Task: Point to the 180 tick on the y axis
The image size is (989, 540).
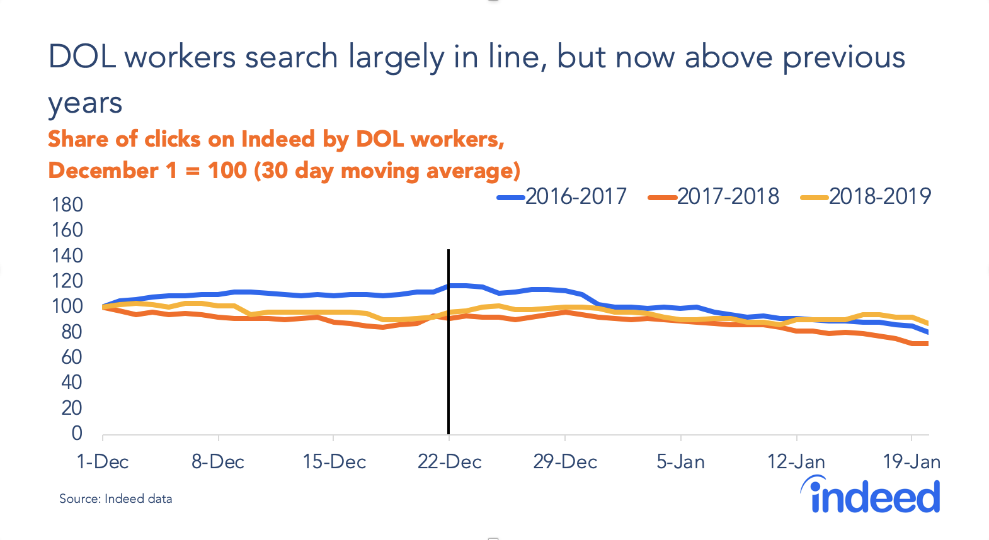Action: (x=67, y=205)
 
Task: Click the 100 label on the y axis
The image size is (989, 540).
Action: (x=67, y=307)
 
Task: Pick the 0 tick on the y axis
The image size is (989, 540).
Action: (x=77, y=433)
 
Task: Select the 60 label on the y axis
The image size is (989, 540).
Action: (x=71, y=357)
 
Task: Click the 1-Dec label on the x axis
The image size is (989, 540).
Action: (x=103, y=462)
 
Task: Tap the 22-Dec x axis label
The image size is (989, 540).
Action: (x=449, y=462)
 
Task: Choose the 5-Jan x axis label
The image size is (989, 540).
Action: (x=680, y=462)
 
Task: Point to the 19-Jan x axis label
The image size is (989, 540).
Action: (x=912, y=462)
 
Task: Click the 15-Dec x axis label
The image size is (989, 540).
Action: (x=334, y=462)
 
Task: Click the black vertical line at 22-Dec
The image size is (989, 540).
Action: (x=449, y=378)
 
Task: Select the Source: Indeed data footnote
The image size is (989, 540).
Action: (x=116, y=499)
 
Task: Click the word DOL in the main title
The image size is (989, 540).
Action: (x=82, y=57)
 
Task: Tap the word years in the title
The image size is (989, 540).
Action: (x=85, y=103)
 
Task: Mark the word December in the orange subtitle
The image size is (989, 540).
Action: (x=103, y=171)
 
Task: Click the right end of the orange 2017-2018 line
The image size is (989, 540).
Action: (x=927, y=344)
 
